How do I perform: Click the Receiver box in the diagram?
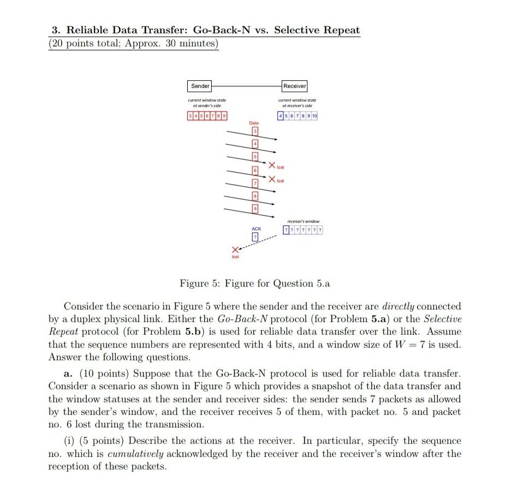click(295, 86)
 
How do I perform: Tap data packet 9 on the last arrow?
click(254, 210)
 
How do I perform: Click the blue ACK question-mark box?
click(254, 237)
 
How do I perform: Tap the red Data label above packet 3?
click(254, 123)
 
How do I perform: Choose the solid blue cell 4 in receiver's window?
click(280, 116)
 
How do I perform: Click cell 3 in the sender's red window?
click(189, 116)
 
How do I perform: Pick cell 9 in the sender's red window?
click(225, 116)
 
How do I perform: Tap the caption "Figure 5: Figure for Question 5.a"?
click(255, 284)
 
